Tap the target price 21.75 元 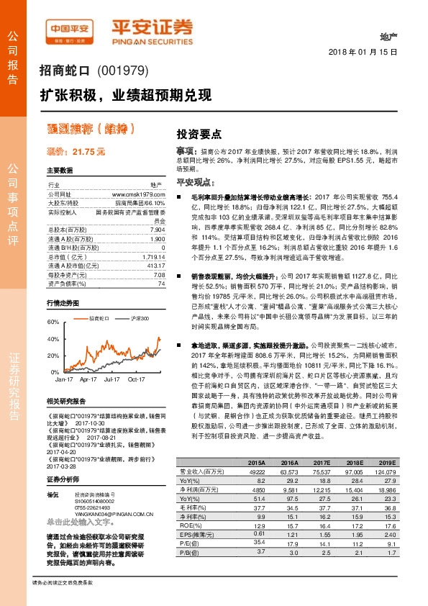click(x=76, y=152)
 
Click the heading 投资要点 click(x=199, y=135)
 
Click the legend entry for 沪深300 click(x=135, y=317)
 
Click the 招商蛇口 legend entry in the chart click(x=99, y=317)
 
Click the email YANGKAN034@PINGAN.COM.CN click(x=108, y=494)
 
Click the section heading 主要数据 click(x=60, y=171)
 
